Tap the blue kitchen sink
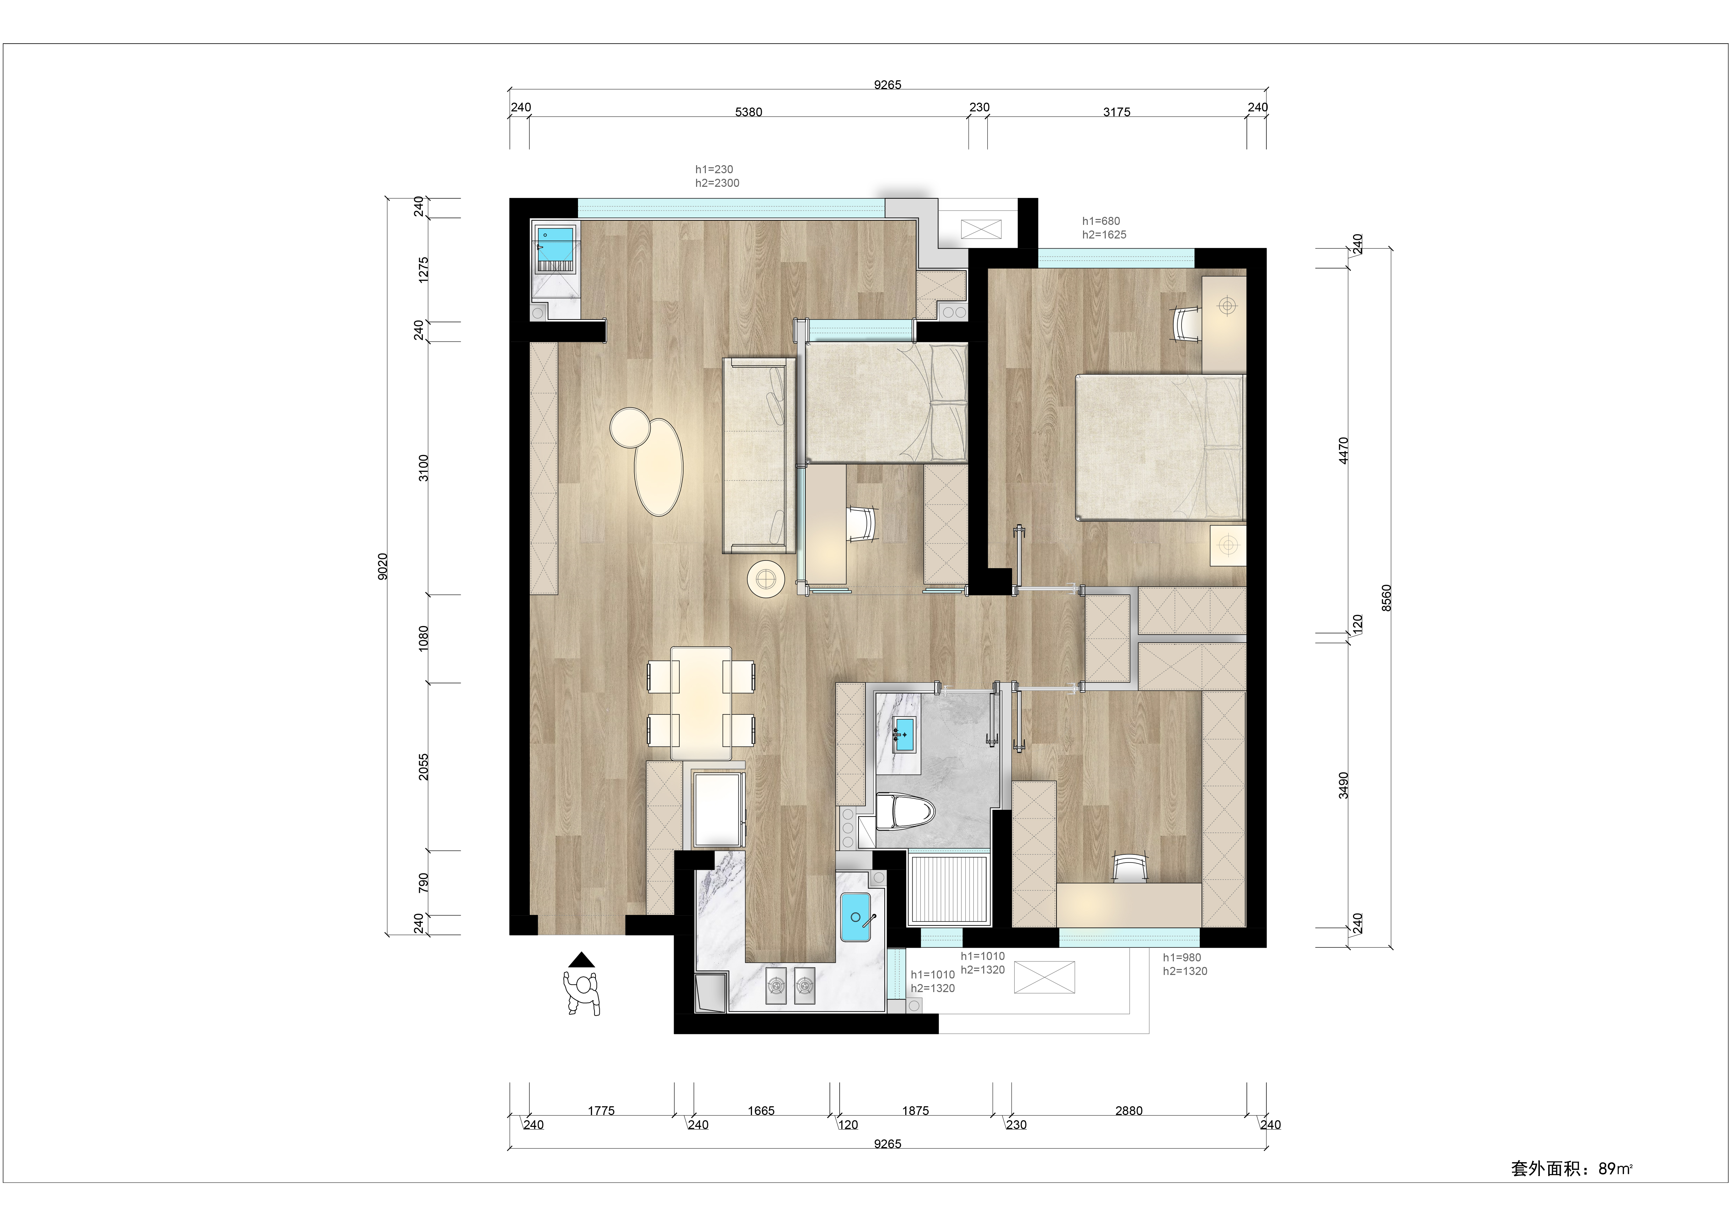[856, 917]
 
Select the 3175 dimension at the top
[1116, 112]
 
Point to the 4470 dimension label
[1343, 450]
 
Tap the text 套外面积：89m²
[1572, 1169]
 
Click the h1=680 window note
[1101, 221]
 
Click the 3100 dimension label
[423, 468]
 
